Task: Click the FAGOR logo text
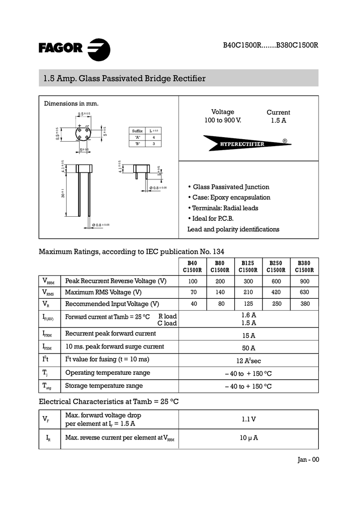(x=60, y=48)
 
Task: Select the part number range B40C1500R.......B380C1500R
(x=270, y=45)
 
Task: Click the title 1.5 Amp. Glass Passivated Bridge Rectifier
(x=124, y=79)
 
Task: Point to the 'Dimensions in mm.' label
(x=71, y=104)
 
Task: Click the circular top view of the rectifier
(x=82, y=133)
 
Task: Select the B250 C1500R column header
(x=276, y=267)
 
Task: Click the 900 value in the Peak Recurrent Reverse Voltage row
(x=304, y=281)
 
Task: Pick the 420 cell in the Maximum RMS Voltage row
(x=276, y=293)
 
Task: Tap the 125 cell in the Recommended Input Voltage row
(x=248, y=304)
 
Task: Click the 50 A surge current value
(x=249, y=348)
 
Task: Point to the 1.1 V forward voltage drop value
(x=249, y=419)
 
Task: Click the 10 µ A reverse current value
(x=249, y=438)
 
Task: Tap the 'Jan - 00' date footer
(x=308, y=460)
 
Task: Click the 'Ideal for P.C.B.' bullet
(x=213, y=219)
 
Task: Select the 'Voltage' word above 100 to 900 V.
(x=223, y=112)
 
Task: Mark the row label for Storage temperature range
(x=104, y=386)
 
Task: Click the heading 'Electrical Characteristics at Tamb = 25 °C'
(x=109, y=401)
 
